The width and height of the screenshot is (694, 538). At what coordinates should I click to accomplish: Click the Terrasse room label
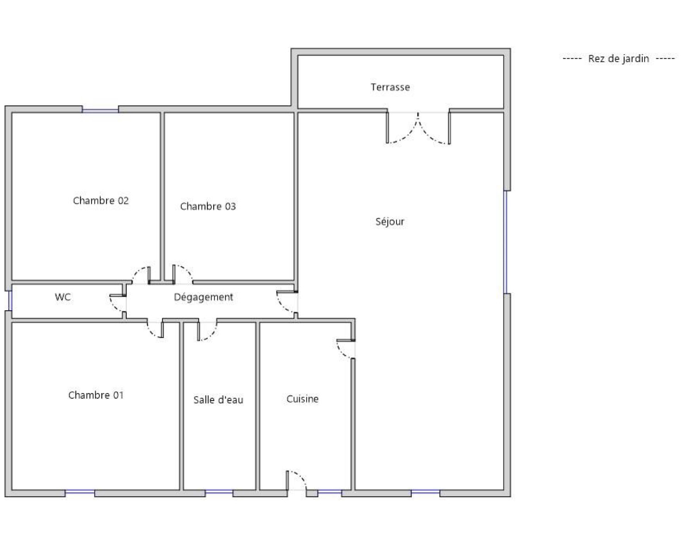[x=390, y=87]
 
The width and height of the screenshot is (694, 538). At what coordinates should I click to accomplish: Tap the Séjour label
[x=390, y=221]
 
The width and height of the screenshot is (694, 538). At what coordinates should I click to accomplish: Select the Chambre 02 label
[x=100, y=200]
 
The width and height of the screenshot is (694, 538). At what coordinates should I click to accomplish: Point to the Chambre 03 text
[x=208, y=206]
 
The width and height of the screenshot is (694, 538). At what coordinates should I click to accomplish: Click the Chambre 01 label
[x=96, y=395]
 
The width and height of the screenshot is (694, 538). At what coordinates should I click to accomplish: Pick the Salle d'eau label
[x=218, y=400]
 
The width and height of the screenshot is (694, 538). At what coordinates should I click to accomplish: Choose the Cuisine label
[x=303, y=399]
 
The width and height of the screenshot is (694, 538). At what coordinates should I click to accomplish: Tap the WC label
[x=62, y=297]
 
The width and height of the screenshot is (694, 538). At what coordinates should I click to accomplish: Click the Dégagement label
[x=204, y=297]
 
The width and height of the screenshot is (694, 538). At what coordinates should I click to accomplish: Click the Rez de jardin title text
[x=619, y=59]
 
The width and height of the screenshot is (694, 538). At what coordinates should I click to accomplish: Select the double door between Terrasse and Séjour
[x=418, y=128]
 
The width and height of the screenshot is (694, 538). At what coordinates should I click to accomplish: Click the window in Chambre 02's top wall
[x=100, y=109]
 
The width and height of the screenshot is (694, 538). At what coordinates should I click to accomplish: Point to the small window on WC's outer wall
[x=10, y=300]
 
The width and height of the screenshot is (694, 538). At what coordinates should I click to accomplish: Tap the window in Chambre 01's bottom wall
[x=80, y=493]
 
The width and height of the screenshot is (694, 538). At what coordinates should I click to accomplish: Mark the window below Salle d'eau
[x=219, y=493]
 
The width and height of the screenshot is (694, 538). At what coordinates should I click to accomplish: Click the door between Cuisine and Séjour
[x=346, y=349]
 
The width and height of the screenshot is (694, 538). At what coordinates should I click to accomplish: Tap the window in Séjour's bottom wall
[x=425, y=493]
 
